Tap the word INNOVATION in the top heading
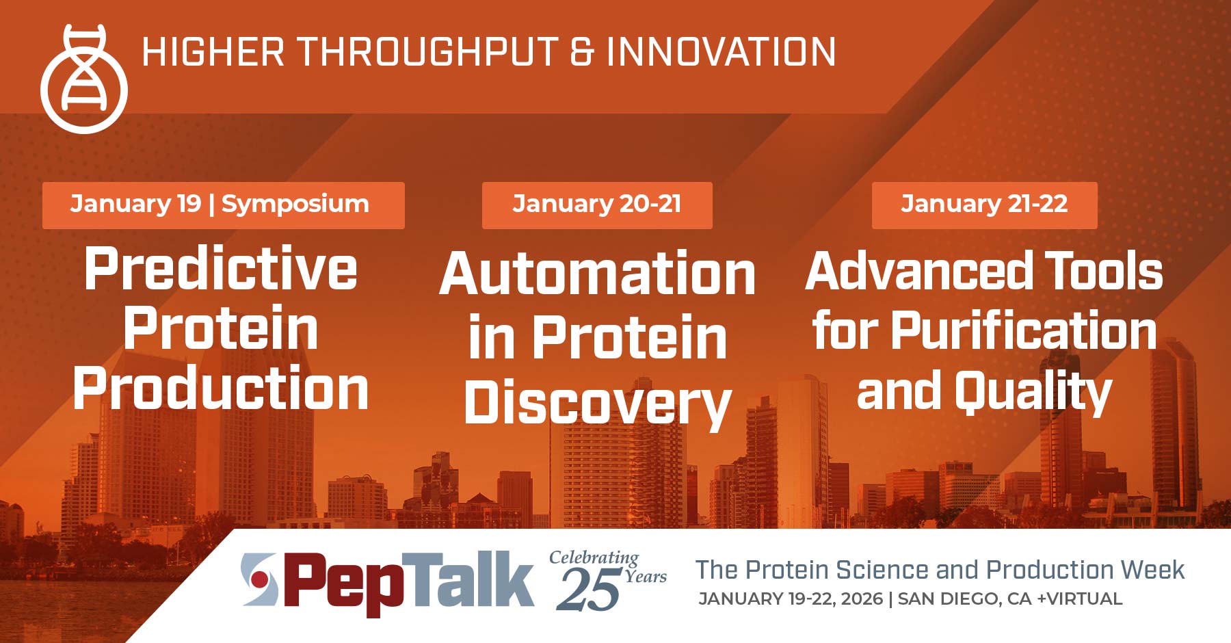[x=721, y=52]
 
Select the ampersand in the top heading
[x=582, y=53]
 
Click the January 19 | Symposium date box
[x=223, y=205]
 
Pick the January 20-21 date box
[x=596, y=205]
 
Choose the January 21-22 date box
[x=983, y=205]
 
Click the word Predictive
[x=220, y=269]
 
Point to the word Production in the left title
[x=220, y=389]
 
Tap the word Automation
[x=597, y=274]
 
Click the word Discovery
[x=597, y=404]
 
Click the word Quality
[x=1033, y=391]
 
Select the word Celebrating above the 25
[x=593, y=557]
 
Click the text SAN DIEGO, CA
[x=964, y=599]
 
